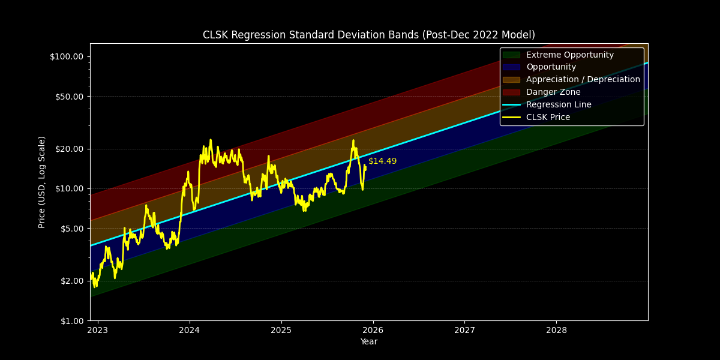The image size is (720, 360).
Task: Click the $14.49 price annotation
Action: (x=382, y=161)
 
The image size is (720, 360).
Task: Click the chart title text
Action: (x=368, y=35)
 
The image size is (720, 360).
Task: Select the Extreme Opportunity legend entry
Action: (x=569, y=55)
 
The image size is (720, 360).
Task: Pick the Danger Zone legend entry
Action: (x=553, y=92)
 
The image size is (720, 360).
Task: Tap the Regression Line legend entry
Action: (x=559, y=104)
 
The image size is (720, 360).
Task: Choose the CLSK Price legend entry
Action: (x=548, y=117)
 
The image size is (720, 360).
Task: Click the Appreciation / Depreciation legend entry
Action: (x=583, y=80)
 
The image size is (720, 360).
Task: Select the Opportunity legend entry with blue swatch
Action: (x=551, y=67)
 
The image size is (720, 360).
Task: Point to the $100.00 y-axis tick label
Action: (x=67, y=56)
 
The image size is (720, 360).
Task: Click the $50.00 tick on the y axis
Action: (x=68, y=97)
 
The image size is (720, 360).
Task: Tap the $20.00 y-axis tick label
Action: (x=68, y=149)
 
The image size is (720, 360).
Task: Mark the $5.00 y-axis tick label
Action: (x=71, y=229)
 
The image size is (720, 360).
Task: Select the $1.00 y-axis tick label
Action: (x=71, y=320)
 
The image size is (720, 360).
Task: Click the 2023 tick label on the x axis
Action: (x=98, y=330)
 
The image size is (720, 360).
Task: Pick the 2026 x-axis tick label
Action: (x=373, y=330)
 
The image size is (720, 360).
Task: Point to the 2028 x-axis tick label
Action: (x=556, y=330)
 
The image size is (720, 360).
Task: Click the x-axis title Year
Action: (x=368, y=342)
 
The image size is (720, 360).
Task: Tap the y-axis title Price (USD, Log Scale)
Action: (x=42, y=182)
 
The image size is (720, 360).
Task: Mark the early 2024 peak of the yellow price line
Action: (x=211, y=140)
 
